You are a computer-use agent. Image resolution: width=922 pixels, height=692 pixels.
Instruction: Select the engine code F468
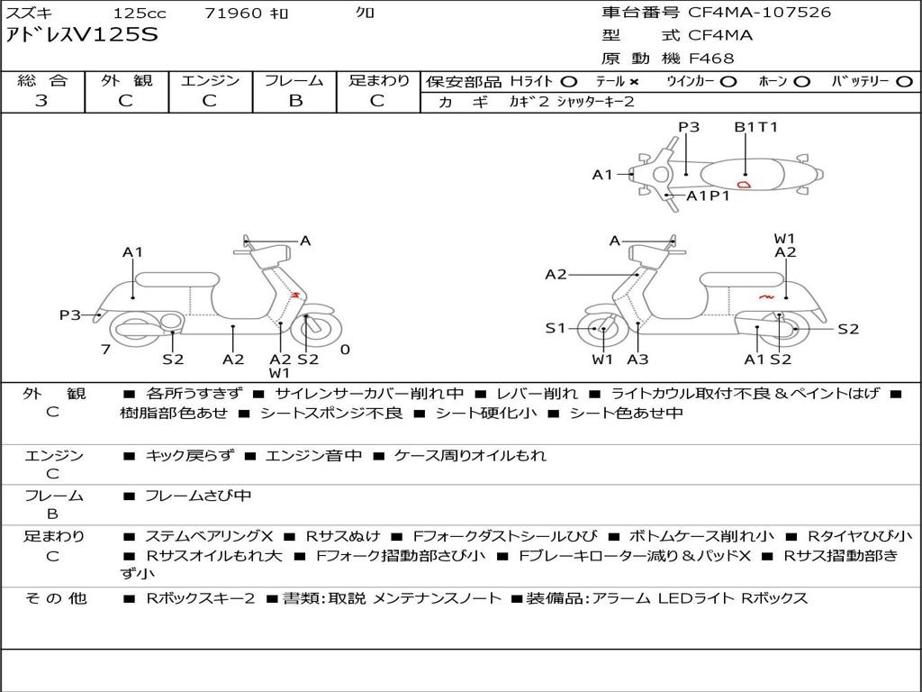pos(711,59)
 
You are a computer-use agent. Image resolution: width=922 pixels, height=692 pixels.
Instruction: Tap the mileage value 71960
pos(233,14)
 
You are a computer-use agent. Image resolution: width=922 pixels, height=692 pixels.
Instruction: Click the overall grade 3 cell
pos(41,101)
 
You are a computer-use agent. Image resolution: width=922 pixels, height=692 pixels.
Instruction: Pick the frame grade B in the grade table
pos(294,101)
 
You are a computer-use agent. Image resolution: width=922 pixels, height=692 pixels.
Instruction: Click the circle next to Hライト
pos(569,81)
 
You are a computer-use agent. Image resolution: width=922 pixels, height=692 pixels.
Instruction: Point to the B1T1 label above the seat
pos(755,127)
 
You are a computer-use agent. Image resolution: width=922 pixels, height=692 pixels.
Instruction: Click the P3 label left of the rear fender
pos(70,314)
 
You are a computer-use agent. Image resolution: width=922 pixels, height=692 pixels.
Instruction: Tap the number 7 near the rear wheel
pos(105,350)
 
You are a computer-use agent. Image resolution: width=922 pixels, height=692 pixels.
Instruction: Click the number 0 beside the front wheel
pos(345,350)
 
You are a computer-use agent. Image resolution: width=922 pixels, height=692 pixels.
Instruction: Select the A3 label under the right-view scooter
pos(637,360)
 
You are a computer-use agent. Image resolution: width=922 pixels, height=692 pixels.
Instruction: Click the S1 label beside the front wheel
pos(556,328)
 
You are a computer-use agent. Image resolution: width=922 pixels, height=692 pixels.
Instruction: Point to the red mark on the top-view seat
pos(744,184)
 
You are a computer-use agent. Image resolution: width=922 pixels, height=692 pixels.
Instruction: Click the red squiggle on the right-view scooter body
pos(767,296)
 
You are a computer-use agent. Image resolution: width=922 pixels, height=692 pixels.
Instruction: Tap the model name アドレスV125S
pos(82,35)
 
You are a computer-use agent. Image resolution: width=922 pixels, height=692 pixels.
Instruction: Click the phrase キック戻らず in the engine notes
pos(187,456)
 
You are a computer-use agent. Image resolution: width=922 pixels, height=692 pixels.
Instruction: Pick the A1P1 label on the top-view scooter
pos(708,196)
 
